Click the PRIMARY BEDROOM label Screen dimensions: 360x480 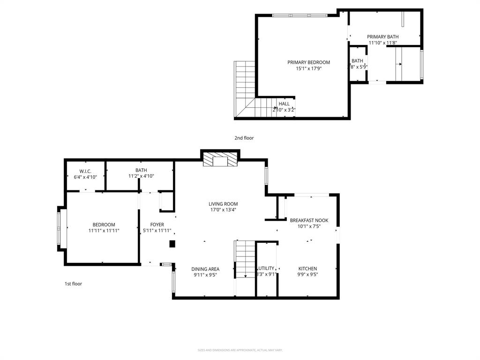tap(308, 62)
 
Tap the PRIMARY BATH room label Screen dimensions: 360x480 tap(382, 37)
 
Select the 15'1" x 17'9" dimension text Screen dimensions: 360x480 tap(308, 68)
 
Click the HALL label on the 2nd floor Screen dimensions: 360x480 tap(284, 104)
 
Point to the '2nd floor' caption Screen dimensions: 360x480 tap(244, 138)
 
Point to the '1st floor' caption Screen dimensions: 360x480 tap(73, 284)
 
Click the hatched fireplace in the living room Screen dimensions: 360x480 tap(220, 161)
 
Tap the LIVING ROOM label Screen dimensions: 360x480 tap(223, 204)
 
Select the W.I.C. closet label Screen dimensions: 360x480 tap(85, 171)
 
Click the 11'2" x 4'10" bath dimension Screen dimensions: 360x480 tap(141, 176)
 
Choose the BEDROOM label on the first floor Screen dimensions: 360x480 tap(104, 225)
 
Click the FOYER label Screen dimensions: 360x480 tap(157, 225)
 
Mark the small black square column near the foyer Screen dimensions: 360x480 tap(172, 244)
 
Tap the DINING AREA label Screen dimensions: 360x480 tap(205, 269)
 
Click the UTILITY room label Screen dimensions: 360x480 tap(266, 269)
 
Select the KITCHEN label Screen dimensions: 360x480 tap(307, 269)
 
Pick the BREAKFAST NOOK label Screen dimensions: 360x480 tap(309, 220)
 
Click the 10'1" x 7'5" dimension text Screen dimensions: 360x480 tap(309, 226)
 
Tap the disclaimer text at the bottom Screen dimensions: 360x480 tap(240, 350)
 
